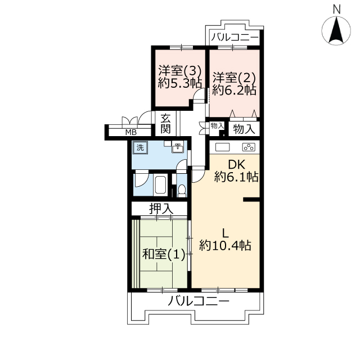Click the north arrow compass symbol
[336, 30]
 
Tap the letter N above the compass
[336, 10]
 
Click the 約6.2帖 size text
[234, 90]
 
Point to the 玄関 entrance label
[165, 124]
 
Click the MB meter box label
[131, 132]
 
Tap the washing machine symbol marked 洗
[140, 147]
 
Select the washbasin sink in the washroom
[178, 147]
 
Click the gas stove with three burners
[249, 147]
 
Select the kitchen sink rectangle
[222, 147]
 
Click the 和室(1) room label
[164, 254]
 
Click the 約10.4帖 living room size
[225, 245]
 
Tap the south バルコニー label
[199, 301]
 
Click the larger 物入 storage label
[244, 129]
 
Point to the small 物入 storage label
[217, 125]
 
